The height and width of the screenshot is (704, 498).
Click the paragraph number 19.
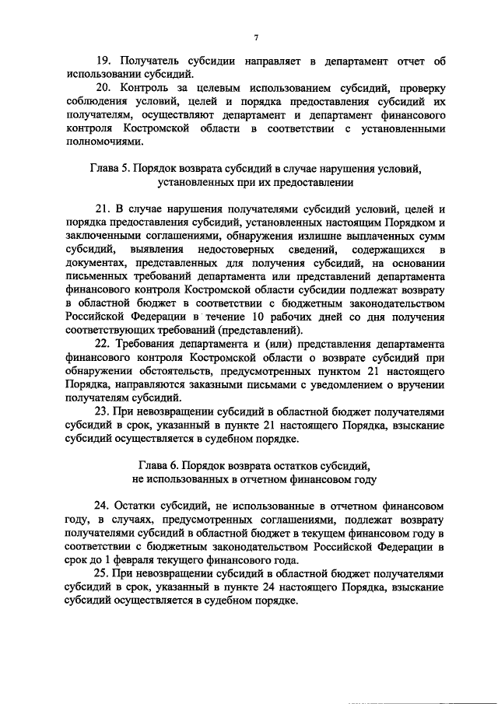pos(103,61)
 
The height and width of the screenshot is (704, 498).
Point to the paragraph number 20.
pos(103,91)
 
